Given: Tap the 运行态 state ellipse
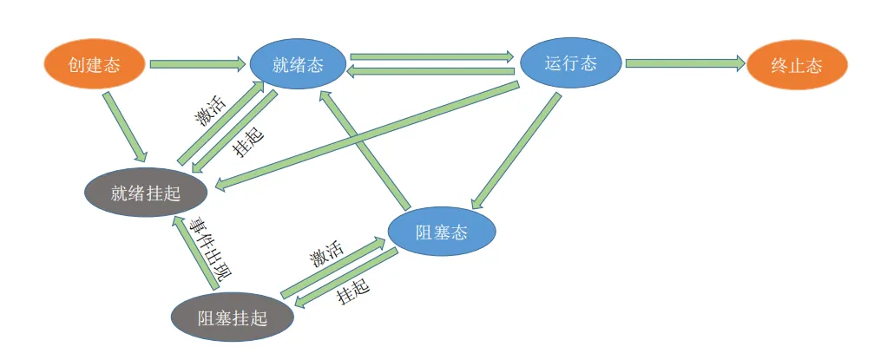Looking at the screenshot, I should point(570,63).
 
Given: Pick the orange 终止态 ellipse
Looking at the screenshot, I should point(796,65).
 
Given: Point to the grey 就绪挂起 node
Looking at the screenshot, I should point(146,193).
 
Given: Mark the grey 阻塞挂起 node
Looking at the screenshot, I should point(232,317).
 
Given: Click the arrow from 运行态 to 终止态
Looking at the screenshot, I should point(684,63).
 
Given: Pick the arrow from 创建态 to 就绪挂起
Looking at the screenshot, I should point(124,123).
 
